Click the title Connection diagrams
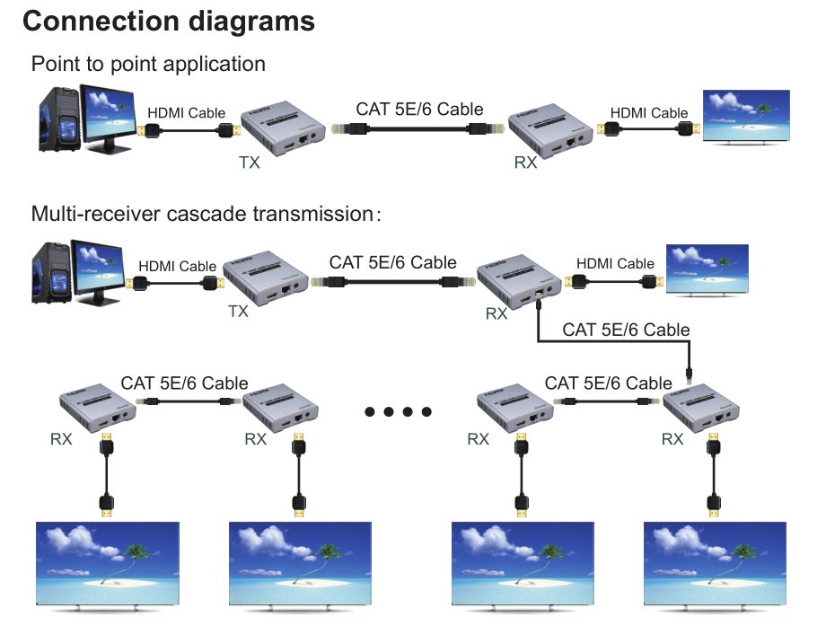click(x=168, y=22)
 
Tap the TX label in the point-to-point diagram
click(x=250, y=163)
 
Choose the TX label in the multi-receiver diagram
click(x=238, y=312)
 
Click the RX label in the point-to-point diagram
click(x=527, y=163)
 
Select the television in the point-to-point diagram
click(x=746, y=116)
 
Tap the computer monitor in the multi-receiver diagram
click(x=96, y=269)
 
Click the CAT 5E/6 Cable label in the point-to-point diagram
click(x=419, y=110)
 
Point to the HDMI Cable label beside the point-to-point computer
click(x=186, y=113)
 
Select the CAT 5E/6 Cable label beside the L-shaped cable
click(x=626, y=330)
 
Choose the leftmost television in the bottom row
click(x=107, y=562)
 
